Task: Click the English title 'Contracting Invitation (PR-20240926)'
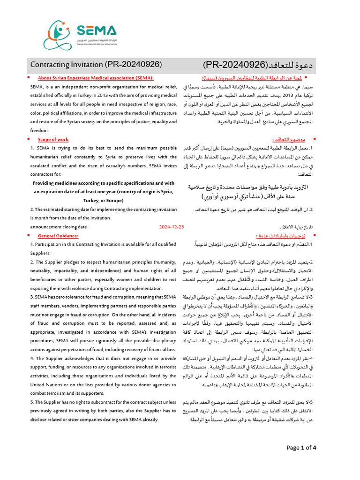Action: [96, 64]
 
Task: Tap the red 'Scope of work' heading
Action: [53, 139]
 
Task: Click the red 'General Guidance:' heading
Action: [58, 235]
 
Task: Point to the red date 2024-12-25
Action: [172, 226]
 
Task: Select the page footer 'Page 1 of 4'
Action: [301, 448]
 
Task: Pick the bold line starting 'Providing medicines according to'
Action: [103, 183]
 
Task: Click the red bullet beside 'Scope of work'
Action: [29, 139]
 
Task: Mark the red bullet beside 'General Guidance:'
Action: [29, 235]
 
